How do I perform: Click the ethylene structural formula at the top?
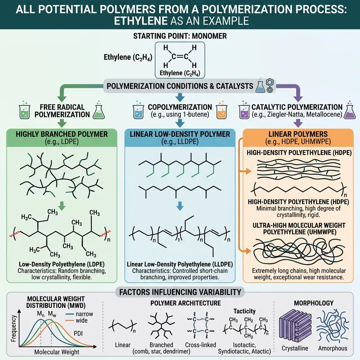tap(180, 57)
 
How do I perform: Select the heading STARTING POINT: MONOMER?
tap(180, 36)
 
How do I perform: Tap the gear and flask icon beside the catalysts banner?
tap(263, 85)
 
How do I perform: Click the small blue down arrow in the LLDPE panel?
tap(179, 205)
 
